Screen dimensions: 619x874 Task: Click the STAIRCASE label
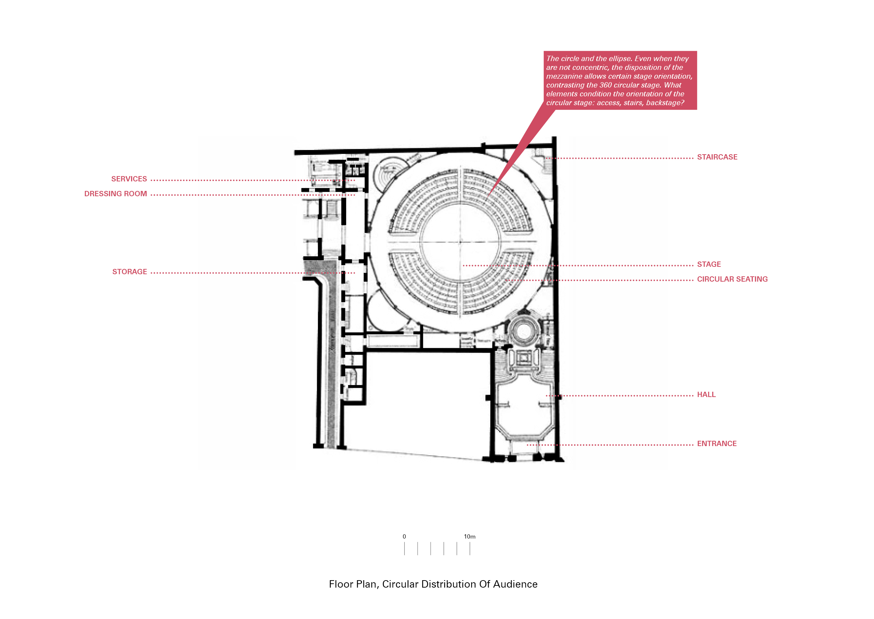pos(717,157)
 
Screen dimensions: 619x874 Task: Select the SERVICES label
pos(129,179)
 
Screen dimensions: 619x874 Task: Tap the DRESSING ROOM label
pos(115,194)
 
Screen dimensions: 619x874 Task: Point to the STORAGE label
pos(129,272)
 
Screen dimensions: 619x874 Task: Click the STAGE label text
pos(709,264)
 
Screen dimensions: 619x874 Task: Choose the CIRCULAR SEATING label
pos(732,279)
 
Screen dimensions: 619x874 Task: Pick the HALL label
pos(706,395)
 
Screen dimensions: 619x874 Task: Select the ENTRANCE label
pos(716,444)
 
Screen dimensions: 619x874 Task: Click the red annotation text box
pos(620,80)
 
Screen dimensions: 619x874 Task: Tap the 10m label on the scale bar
pos(469,537)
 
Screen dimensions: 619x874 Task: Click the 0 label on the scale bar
pos(404,537)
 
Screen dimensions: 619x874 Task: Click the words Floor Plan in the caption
pos(353,584)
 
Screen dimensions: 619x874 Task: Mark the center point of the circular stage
pos(460,242)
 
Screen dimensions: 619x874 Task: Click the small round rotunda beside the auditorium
pos(524,331)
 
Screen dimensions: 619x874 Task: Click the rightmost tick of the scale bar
pos(470,548)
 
